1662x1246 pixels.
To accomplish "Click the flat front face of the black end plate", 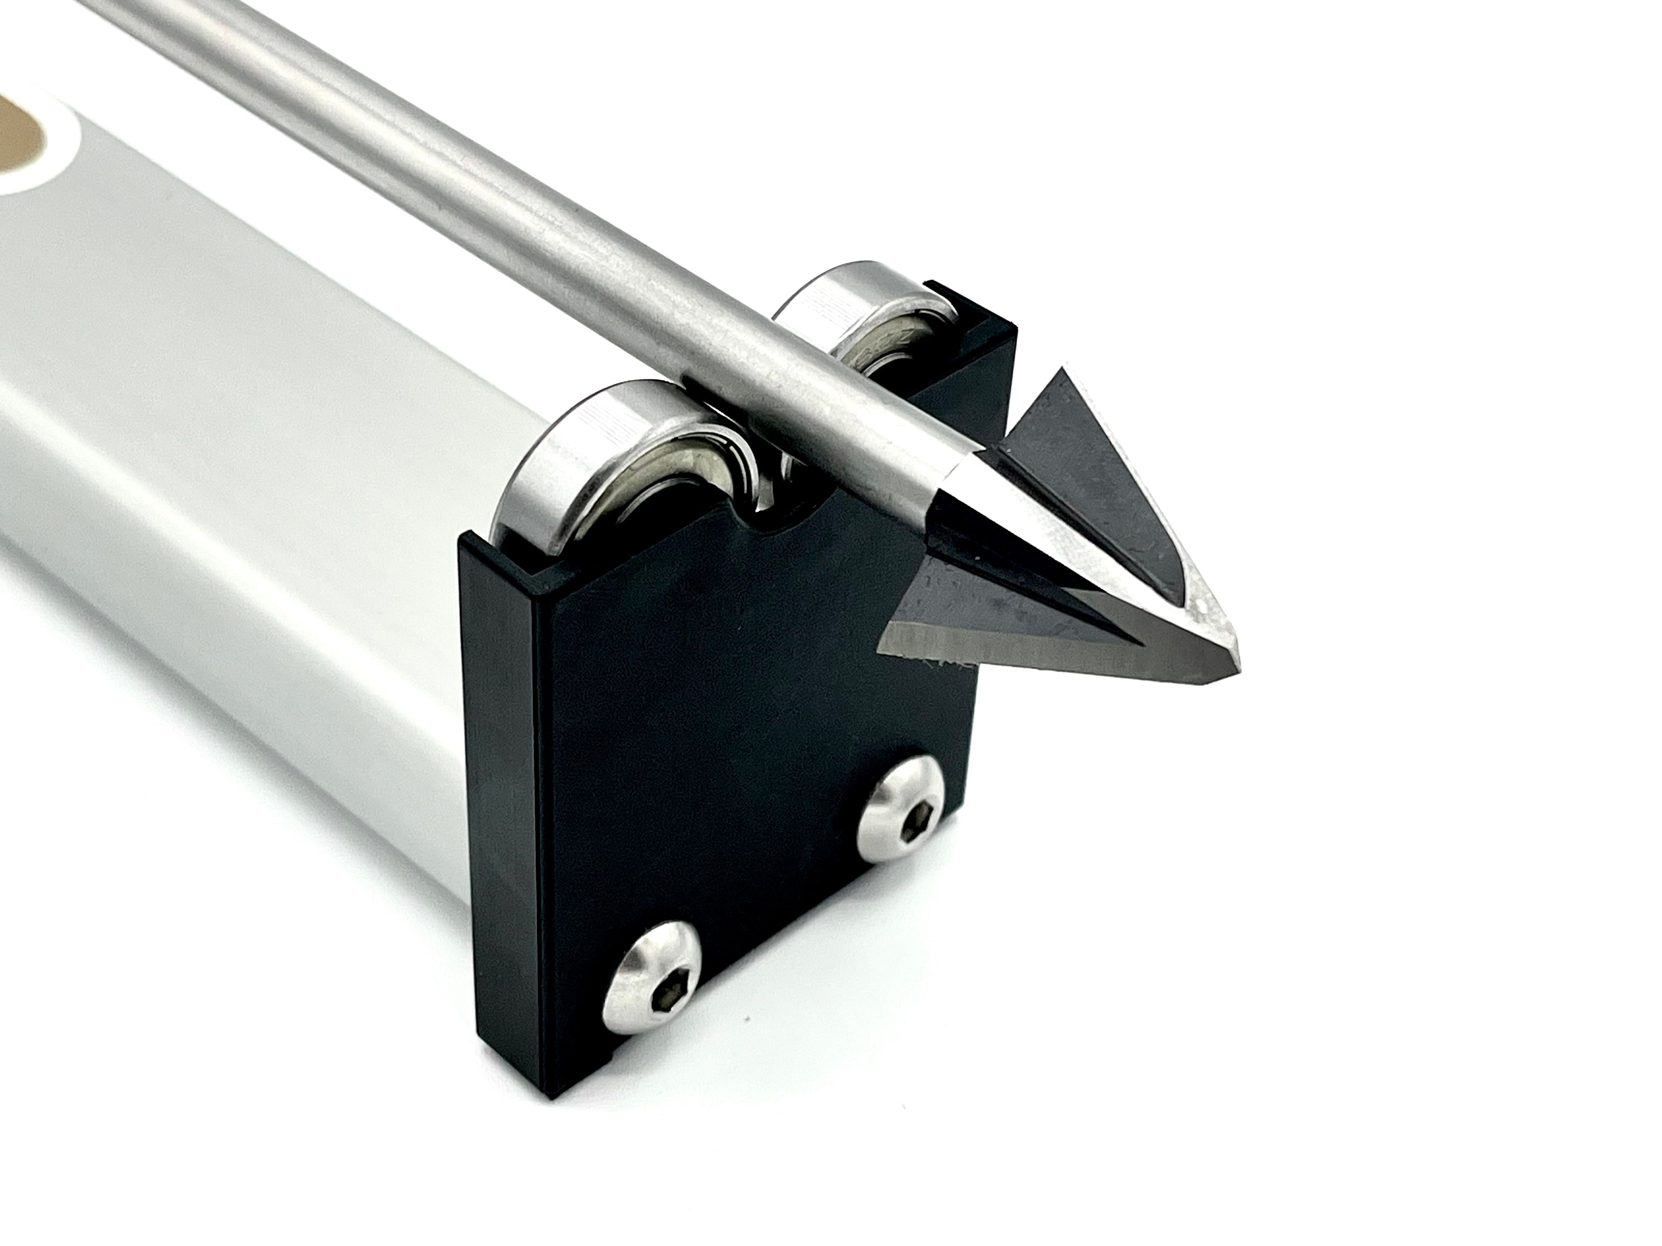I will tap(751, 751).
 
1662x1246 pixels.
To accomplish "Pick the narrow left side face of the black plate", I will tap(503, 789).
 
